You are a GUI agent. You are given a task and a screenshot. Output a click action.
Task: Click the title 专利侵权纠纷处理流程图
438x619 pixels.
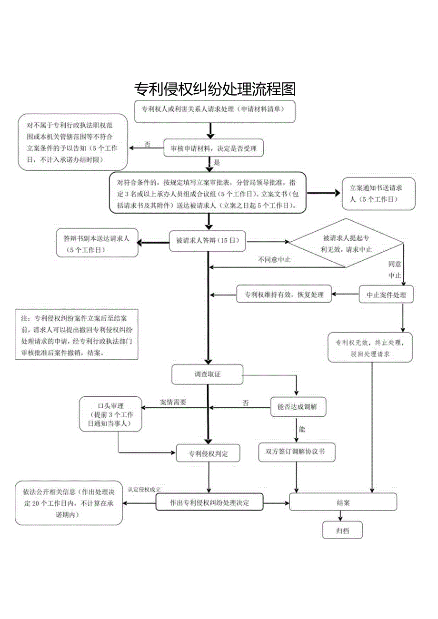tap(215, 89)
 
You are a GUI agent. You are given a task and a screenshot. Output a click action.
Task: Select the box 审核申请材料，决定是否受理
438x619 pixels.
tap(213, 148)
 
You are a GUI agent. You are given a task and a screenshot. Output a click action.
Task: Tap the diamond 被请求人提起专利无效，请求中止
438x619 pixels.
tap(347, 243)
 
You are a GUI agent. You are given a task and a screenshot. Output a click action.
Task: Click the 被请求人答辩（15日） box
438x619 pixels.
tap(208, 241)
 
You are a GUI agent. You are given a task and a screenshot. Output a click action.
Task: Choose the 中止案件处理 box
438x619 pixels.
tap(386, 295)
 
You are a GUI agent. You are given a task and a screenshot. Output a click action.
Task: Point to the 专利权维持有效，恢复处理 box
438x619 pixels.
tap(284, 295)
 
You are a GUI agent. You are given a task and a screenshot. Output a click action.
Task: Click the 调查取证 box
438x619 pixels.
tap(208, 374)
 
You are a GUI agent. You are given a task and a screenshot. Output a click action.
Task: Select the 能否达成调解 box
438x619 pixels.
tap(297, 407)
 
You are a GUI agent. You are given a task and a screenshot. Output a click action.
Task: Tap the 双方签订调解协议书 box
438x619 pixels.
tap(297, 452)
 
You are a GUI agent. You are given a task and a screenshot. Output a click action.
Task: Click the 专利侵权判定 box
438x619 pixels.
tap(208, 453)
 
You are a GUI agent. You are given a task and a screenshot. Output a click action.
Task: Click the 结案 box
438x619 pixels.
tap(343, 502)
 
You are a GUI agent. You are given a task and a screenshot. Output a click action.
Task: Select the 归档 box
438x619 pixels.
tap(342, 531)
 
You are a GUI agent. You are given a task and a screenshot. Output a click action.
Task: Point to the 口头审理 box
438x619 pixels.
tap(110, 414)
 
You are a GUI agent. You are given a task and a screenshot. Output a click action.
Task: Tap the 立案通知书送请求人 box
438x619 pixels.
tap(378, 194)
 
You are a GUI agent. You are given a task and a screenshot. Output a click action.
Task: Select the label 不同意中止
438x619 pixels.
tap(274, 260)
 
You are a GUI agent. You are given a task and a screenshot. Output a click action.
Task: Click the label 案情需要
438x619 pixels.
tap(173, 402)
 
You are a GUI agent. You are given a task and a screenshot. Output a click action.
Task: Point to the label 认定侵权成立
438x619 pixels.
tap(144, 489)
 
